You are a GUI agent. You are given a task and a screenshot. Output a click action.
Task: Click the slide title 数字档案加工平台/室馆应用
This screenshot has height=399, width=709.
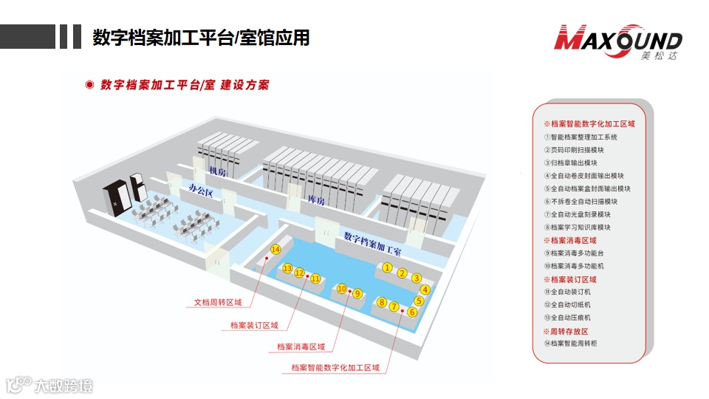(x=201, y=37)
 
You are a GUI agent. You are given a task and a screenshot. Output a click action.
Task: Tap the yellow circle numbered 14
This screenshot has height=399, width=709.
(x=275, y=250)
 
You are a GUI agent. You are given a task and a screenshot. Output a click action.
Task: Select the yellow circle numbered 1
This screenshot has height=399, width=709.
(x=386, y=267)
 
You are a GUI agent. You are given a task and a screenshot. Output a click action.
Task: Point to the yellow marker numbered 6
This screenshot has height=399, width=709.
(x=412, y=312)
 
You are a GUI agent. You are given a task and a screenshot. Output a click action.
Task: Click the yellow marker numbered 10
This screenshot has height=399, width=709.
(x=342, y=289)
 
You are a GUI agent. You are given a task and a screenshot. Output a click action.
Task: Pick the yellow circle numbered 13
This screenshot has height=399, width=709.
(x=288, y=269)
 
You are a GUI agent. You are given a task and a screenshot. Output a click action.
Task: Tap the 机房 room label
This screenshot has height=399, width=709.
(x=217, y=173)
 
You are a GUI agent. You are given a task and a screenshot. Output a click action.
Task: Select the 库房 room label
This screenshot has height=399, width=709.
(x=316, y=200)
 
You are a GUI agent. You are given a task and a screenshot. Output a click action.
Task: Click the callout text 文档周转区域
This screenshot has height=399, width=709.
(x=218, y=302)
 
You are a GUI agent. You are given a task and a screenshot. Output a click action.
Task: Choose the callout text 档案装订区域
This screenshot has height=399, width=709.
(x=254, y=325)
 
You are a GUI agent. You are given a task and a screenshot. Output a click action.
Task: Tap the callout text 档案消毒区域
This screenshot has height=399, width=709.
(x=301, y=347)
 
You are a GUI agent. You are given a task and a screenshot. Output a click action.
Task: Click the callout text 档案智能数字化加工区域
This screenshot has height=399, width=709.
(x=335, y=367)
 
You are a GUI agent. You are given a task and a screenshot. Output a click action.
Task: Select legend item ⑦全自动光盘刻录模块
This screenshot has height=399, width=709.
(x=580, y=214)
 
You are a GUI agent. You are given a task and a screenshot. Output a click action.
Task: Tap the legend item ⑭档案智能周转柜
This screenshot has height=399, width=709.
(x=575, y=343)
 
